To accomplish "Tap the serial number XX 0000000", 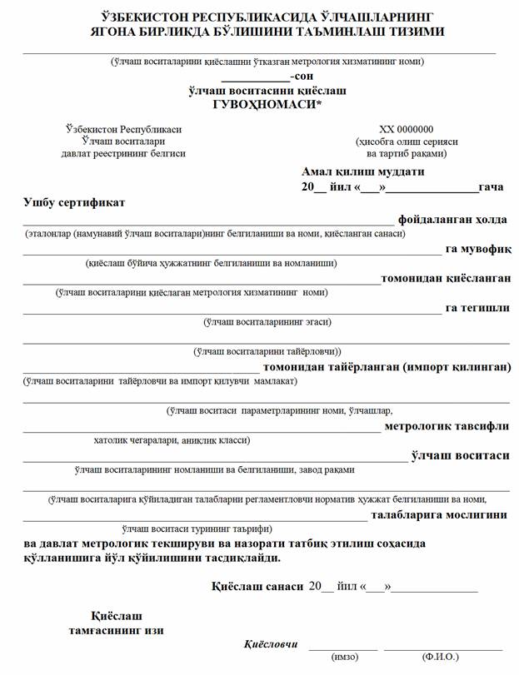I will (x=407, y=129).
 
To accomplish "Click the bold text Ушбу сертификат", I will (x=74, y=202).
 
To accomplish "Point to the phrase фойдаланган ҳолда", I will (x=452, y=219).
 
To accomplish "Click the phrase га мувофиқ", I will (x=478, y=248).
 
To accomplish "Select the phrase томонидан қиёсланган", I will (x=446, y=278).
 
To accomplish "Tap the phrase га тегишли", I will (x=477, y=307).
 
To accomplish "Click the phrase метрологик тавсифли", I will (x=447, y=425).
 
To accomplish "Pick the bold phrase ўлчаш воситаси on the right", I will (x=460, y=455).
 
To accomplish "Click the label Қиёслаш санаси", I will (x=257, y=586).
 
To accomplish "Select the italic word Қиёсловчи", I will (x=271, y=644).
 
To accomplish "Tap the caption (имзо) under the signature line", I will (x=344, y=658).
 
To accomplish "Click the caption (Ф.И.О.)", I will (x=441, y=658).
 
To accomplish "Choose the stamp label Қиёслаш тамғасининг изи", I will (x=116, y=623).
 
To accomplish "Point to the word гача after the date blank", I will (x=491, y=186).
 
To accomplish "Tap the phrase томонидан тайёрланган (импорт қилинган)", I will (x=387, y=366).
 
